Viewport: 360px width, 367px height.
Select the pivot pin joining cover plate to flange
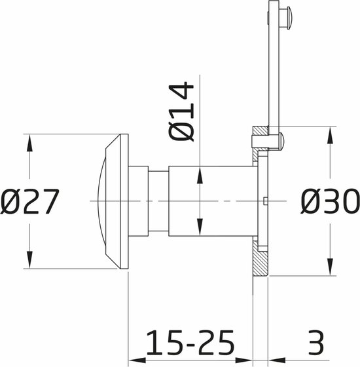click(x=278, y=140)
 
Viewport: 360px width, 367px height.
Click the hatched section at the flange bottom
click(x=261, y=265)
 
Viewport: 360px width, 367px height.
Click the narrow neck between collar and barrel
click(x=158, y=200)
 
